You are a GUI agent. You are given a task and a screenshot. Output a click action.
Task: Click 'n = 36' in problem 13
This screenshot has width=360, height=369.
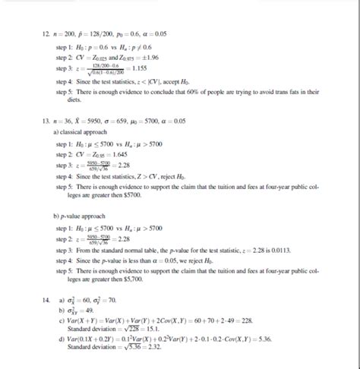(x=65, y=121)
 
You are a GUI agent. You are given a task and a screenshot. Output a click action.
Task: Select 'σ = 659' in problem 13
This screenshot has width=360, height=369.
(x=128, y=121)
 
